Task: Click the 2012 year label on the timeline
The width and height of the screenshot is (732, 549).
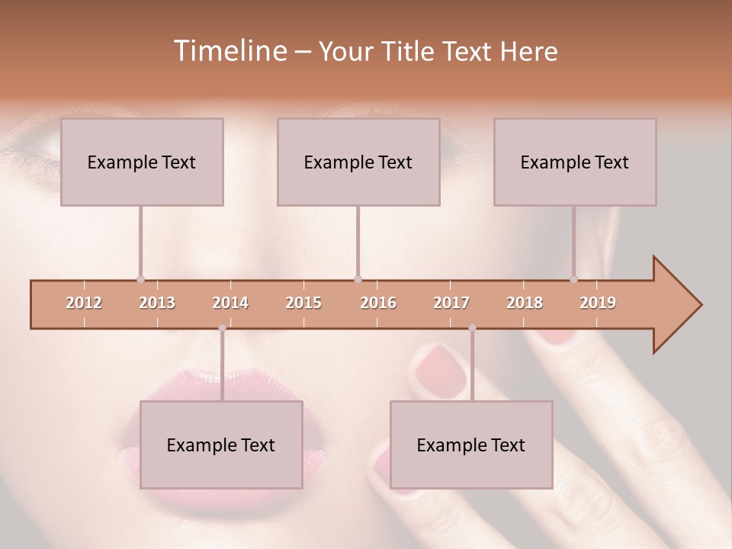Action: click(x=84, y=303)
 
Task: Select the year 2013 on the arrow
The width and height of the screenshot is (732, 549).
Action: click(x=157, y=303)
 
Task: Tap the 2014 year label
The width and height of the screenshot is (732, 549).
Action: click(x=230, y=303)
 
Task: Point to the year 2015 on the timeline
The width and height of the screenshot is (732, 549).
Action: click(x=303, y=303)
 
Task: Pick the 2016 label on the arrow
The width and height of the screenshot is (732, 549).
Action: click(x=378, y=303)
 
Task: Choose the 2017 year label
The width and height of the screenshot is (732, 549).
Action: click(x=451, y=303)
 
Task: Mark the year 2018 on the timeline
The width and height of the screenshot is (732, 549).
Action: click(x=525, y=303)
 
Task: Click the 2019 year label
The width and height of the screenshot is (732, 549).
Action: click(x=598, y=303)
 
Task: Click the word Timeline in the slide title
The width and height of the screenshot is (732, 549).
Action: click(x=229, y=51)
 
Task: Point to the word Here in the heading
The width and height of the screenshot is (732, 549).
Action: click(x=528, y=51)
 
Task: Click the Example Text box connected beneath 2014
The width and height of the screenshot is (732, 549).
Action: click(x=221, y=445)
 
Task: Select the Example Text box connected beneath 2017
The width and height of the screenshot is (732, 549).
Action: click(x=471, y=445)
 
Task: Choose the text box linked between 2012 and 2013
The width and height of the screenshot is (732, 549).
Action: click(x=142, y=162)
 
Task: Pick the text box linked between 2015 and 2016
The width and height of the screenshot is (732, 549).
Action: click(x=358, y=162)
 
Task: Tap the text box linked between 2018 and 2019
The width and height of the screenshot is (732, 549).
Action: click(x=575, y=162)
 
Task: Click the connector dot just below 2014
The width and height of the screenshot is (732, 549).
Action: click(x=222, y=328)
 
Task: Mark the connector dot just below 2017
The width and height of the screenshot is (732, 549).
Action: click(x=472, y=328)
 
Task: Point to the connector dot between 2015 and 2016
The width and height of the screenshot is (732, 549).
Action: click(x=358, y=279)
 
